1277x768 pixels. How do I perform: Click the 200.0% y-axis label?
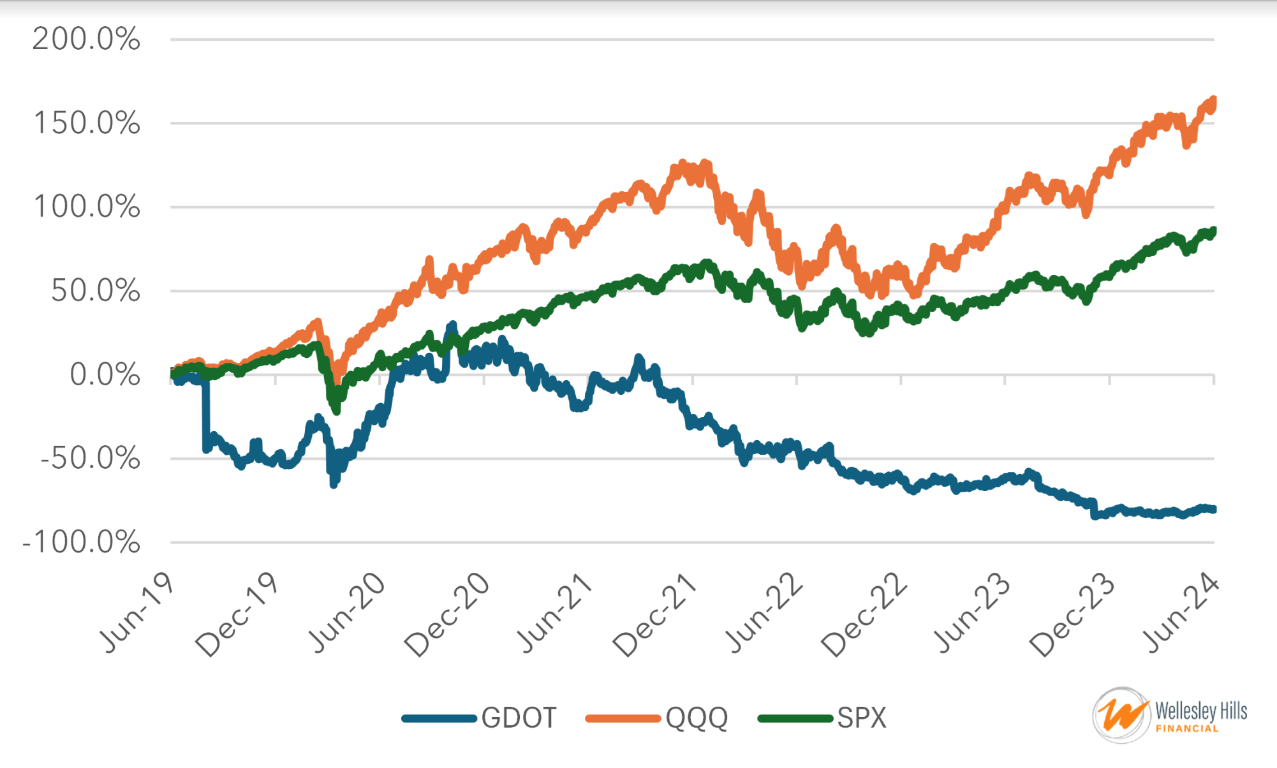pyautogui.click(x=86, y=40)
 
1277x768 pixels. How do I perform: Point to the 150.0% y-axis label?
pyautogui.click(x=86, y=123)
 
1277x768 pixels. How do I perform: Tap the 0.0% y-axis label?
pyautogui.click(x=105, y=374)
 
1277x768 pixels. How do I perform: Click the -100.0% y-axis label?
pyautogui.click(x=81, y=543)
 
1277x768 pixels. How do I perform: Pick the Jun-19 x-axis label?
pyautogui.click(x=137, y=612)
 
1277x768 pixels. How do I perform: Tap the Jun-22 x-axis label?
pyautogui.click(x=764, y=612)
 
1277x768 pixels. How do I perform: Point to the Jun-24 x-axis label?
pyautogui.click(x=1182, y=612)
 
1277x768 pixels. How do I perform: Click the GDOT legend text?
pyautogui.click(x=519, y=718)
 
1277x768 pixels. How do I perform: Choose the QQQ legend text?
pyautogui.click(x=697, y=718)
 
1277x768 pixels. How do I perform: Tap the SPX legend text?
pyautogui.click(x=862, y=718)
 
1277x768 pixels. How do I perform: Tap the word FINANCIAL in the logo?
pyautogui.click(x=1187, y=728)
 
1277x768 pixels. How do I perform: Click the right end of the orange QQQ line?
pyautogui.click(x=1213, y=101)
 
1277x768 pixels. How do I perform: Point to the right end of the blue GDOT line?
pyautogui.click(x=1213, y=509)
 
